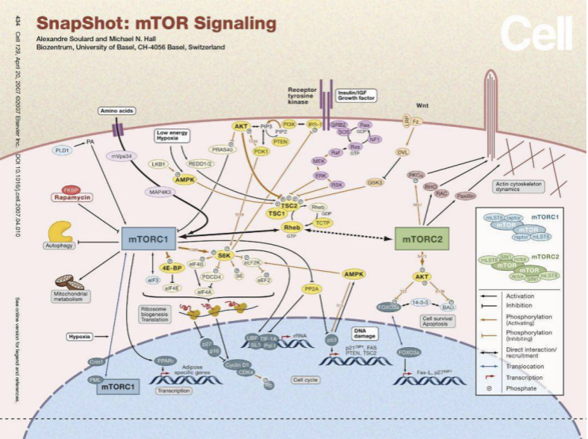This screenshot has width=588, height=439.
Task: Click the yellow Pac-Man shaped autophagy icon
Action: click(60, 231)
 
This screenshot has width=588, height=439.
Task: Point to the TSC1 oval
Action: click(275, 213)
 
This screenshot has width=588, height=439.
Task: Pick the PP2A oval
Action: click(311, 289)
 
